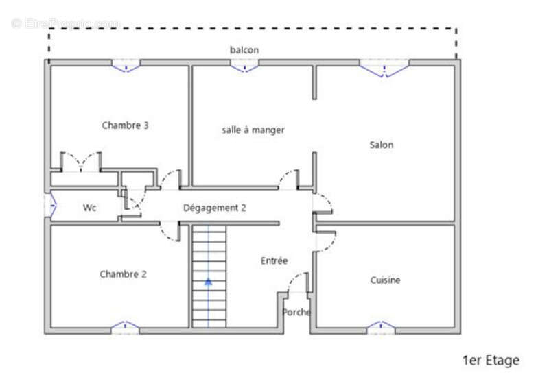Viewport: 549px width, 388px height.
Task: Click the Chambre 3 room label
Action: click(x=126, y=125)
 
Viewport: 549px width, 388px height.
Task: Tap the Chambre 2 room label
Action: click(x=123, y=274)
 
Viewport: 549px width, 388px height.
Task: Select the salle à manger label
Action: click(x=253, y=130)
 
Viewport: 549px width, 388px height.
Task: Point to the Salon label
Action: click(x=382, y=145)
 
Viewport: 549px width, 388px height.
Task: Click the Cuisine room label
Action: click(x=385, y=280)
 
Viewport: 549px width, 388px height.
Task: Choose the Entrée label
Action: click(x=274, y=260)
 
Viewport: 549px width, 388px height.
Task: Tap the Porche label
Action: click(x=296, y=312)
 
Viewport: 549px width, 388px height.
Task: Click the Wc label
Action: click(x=89, y=208)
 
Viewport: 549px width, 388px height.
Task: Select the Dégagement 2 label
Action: click(x=214, y=208)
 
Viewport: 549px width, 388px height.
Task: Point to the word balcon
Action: click(x=244, y=50)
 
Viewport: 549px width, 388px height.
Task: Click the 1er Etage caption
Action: click(x=491, y=361)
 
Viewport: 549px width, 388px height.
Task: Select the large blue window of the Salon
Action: click(x=384, y=67)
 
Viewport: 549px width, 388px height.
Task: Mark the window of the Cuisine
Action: click(x=380, y=327)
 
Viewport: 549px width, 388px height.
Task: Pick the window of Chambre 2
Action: click(x=126, y=327)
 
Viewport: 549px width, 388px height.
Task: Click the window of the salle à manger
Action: click(x=244, y=66)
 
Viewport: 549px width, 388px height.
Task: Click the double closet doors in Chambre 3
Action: click(x=81, y=162)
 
